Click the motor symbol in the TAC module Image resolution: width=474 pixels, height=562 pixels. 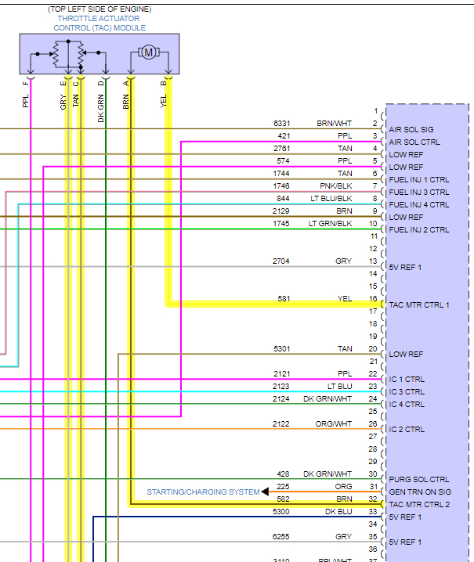click(x=148, y=52)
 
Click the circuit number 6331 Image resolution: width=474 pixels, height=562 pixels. click(x=281, y=123)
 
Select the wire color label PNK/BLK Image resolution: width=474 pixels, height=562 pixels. click(x=336, y=186)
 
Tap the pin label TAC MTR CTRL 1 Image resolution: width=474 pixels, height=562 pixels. click(x=419, y=304)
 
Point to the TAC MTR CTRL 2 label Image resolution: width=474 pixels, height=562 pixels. click(x=419, y=504)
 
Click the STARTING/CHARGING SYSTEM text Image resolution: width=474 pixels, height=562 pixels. click(x=203, y=492)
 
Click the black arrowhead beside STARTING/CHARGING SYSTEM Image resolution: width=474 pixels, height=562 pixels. click(x=266, y=492)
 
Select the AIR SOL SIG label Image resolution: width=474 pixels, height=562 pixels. click(x=411, y=129)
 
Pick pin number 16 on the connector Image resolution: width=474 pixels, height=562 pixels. click(x=374, y=298)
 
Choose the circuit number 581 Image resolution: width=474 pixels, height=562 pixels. click(x=284, y=298)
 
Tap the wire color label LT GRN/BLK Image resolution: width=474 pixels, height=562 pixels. click(x=331, y=223)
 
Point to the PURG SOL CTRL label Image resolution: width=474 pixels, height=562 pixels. click(x=419, y=479)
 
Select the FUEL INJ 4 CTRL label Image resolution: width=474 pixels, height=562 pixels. click(x=419, y=204)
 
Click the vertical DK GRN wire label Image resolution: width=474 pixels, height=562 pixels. click(x=100, y=108)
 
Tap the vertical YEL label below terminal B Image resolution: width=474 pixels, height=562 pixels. click(x=164, y=100)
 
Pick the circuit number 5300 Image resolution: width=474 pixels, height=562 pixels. click(x=281, y=511)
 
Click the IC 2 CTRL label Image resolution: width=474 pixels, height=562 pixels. click(x=407, y=429)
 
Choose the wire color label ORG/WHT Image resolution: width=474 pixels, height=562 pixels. click(x=335, y=423)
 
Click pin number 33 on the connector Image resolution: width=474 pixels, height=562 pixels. click(x=374, y=511)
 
